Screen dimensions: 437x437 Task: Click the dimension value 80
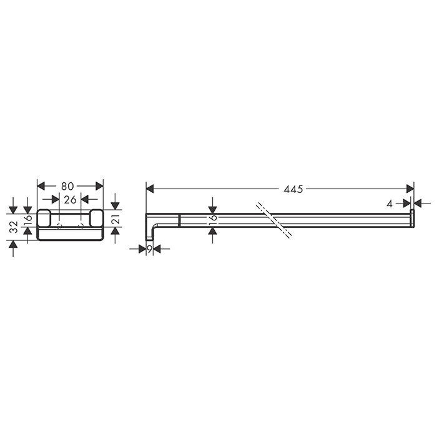click(70, 186)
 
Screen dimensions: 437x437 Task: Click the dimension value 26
click(70, 199)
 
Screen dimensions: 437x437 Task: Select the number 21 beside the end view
click(115, 219)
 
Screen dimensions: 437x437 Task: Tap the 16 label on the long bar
click(212, 219)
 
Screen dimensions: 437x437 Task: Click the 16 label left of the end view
click(27, 220)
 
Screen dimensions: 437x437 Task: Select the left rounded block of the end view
click(44, 219)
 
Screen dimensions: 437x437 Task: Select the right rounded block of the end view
click(97, 219)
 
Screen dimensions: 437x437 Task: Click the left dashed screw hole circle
click(59, 225)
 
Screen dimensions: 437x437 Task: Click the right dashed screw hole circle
click(81, 225)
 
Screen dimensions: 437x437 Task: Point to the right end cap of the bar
click(412, 219)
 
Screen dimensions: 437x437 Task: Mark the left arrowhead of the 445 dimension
click(150, 189)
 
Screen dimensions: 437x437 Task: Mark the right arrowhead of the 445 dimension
click(410, 189)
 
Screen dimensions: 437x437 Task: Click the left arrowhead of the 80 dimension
click(42, 186)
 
